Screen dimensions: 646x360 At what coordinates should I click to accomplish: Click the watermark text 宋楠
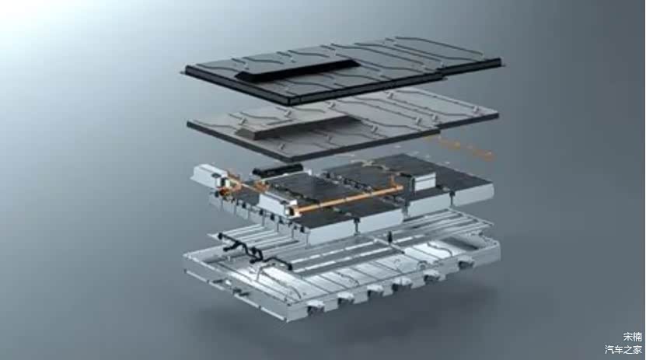coord(633,337)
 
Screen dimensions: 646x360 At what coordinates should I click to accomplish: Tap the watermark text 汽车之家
coord(623,350)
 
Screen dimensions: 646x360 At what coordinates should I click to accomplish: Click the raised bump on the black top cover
coord(293,68)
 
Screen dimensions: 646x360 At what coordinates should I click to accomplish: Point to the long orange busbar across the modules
coord(349,199)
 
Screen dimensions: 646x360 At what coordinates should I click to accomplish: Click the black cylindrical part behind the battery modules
coord(278,169)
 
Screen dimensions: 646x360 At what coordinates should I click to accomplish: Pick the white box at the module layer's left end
coord(205,174)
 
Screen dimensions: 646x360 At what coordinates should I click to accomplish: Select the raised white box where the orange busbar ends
coord(424,181)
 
